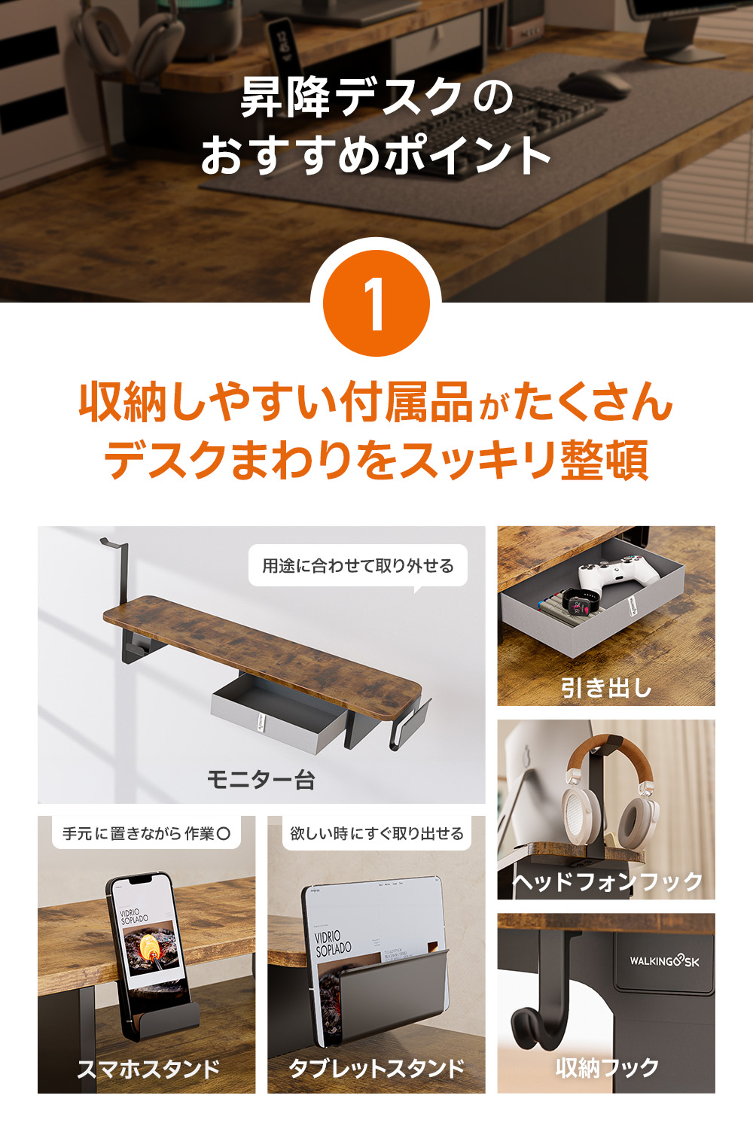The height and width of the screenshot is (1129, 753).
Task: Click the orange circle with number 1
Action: pyautogui.click(x=376, y=303)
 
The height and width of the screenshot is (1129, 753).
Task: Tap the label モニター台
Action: pyautogui.click(x=261, y=780)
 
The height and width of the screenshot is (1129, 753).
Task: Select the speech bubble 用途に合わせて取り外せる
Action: pyautogui.click(x=358, y=566)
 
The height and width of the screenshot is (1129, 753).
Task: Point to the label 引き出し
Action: pyautogui.click(x=606, y=687)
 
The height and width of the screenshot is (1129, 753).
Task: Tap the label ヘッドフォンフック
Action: pyautogui.click(x=607, y=881)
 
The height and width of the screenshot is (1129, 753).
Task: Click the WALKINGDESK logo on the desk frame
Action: pyautogui.click(x=664, y=961)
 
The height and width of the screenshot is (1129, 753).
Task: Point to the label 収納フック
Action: pyautogui.click(x=607, y=1067)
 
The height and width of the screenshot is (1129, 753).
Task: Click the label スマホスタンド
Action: pyautogui.click(x=148, y=1069)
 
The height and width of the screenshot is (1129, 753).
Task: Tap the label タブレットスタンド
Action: pyautogui.click(x=376, y=1069)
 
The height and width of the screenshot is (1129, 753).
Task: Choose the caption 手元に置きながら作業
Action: pyautogui.click(x=146, y=834)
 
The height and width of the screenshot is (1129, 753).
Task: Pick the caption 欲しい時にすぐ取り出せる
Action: pyautogui.click(x=376, y=834)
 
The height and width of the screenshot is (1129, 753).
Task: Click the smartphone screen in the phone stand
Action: pyautogui.click(x=148, y=941)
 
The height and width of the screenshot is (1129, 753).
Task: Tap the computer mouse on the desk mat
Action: pyautogui.click(x=594, y=84)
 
